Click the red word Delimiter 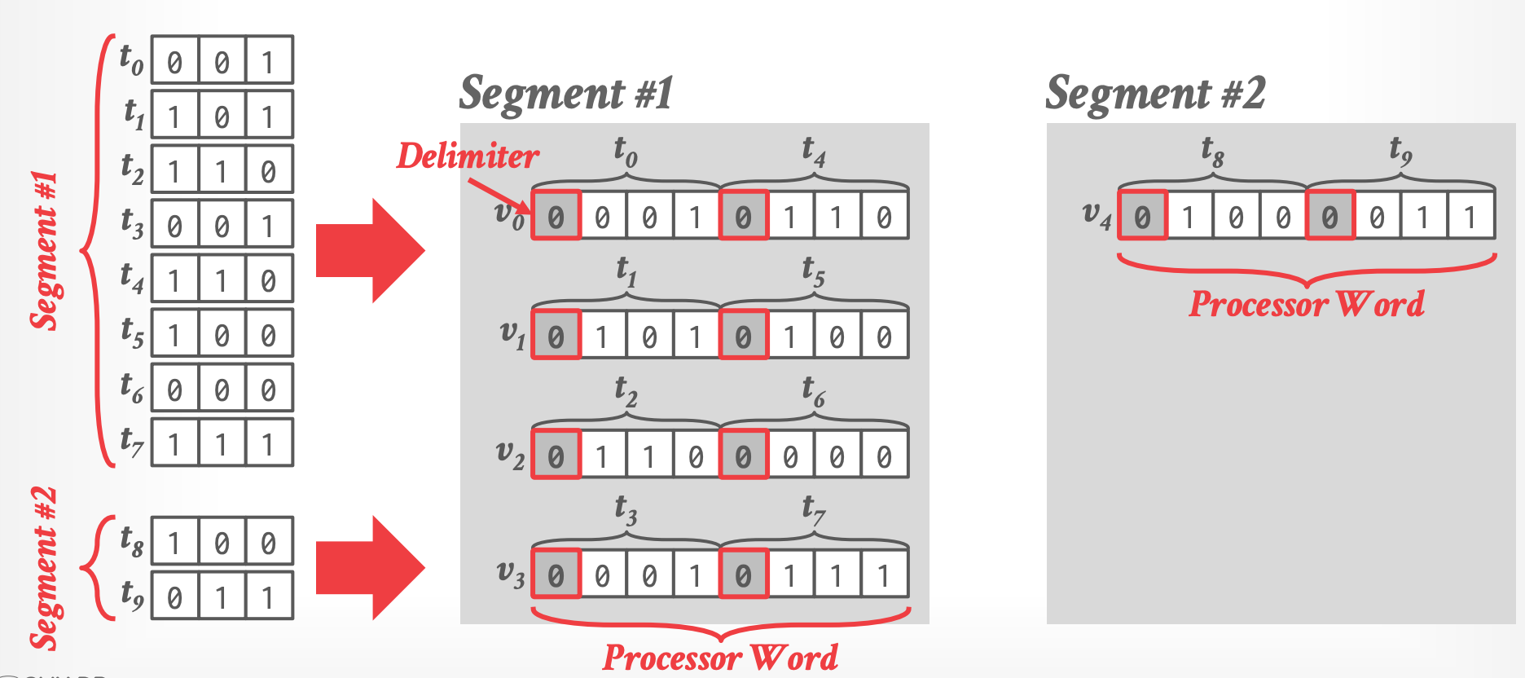point(468,156)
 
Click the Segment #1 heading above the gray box point(566,93)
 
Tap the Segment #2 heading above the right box point(1155,93)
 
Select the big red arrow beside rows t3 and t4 point(370,250)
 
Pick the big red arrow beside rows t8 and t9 point(370,567)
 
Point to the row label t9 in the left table point(131,595)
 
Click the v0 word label point(510,215)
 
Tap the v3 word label point(510,574)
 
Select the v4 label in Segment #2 point(1097,215)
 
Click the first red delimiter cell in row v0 point(556,216)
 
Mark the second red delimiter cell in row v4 point(1329,216)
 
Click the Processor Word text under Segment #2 point(1306,304)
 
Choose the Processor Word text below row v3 point(720,658)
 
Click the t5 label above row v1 point(813,270)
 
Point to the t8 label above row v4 point(1212,151)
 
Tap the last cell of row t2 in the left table point(268,171)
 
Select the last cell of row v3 point(884,575)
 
